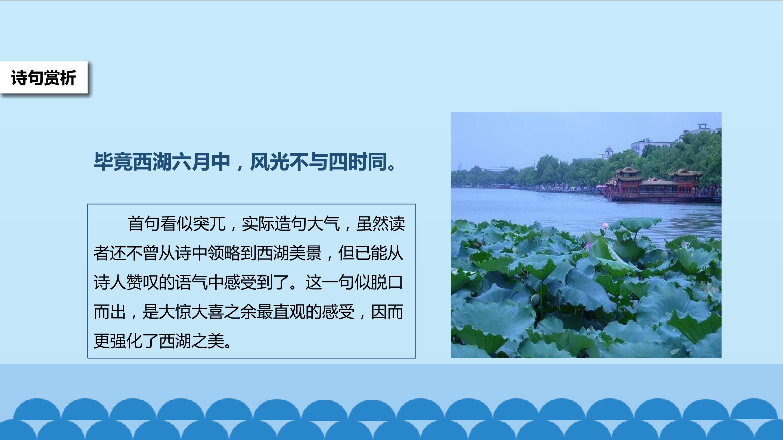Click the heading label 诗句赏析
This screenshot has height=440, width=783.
click(43, 78)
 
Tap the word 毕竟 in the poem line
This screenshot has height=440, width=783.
click(113, 162)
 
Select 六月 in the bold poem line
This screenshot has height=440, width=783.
click(191, 162)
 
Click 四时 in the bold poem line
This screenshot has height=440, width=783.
click(347, 162)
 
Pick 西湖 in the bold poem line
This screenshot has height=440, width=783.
click(152, 162)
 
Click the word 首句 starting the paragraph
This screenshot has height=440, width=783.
click(144, 224)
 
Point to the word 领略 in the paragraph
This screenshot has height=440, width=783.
click(224, 253)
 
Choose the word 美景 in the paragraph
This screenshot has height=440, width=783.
click(306, 253)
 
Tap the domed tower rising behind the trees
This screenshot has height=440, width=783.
click(608, 152)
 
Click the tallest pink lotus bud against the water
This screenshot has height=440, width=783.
click(605, 226)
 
